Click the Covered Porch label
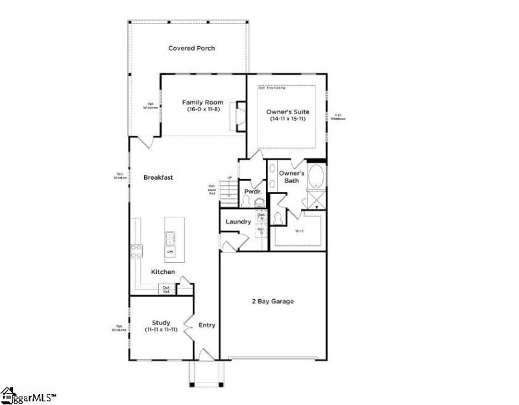tap(191, 48)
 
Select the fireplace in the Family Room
tap(241, 116)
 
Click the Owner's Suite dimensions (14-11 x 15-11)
tap(286, 119)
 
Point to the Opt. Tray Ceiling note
tap(272, 88)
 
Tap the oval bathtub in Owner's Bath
tap(317, 177)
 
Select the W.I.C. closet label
tap(300, 231)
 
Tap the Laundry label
tap(238, 222)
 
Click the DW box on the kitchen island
tap(171, 251)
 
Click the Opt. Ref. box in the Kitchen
tap(167, 289)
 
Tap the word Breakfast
tap(158, 177)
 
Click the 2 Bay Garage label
tap(272, 301)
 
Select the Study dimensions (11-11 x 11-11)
tap(160, 330)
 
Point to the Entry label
tap(206, 325)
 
